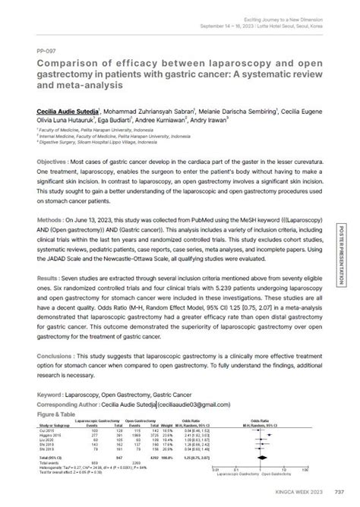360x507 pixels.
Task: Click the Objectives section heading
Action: pos(58,164)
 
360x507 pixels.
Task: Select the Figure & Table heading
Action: pos(63,414)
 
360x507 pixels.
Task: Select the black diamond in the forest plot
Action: pos(273,458)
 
